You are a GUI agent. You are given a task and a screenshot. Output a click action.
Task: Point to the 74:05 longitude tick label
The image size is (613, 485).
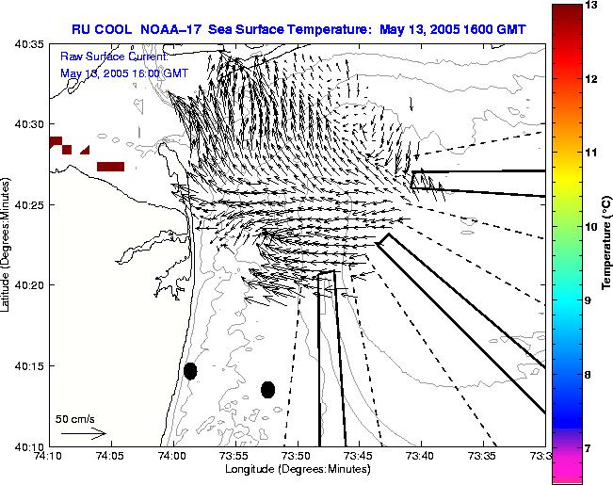110,456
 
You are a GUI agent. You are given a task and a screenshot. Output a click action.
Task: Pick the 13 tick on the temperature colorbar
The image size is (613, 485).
592,6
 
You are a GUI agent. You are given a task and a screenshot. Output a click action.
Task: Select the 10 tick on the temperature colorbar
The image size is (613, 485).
592,227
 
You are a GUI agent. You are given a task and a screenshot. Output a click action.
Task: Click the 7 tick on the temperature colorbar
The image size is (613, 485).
592,448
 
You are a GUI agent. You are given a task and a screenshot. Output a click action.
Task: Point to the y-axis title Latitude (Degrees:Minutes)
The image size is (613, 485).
8,244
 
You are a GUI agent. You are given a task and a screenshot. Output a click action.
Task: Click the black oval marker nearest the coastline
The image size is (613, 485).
190,371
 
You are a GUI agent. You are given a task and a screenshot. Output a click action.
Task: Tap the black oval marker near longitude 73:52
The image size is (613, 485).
267,389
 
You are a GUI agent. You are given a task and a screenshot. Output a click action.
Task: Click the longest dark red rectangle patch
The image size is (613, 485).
110,167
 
